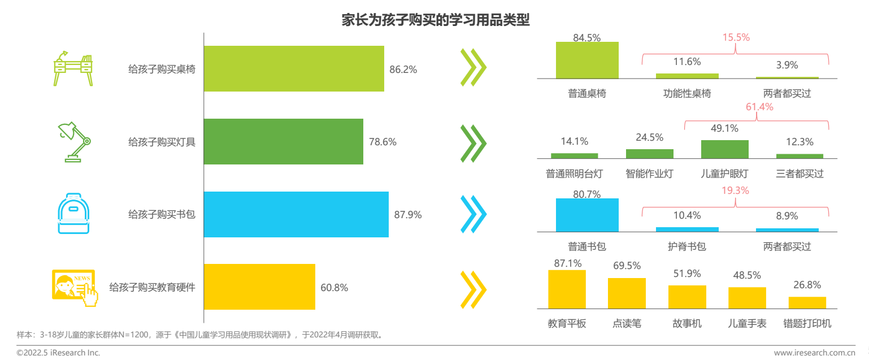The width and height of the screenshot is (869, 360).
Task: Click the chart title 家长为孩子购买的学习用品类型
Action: click(x=435, y=20)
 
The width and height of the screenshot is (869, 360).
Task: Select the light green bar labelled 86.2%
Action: click(x=294, y=69)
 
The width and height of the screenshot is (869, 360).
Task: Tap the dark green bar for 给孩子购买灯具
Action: click(x=283, y=141)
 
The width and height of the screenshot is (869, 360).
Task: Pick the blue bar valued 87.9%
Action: click(x=296, y=214)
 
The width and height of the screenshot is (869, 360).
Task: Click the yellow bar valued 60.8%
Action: click(x=259, y=287)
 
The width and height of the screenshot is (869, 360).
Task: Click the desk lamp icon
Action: click(x=74, y=141)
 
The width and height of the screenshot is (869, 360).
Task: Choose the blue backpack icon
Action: click(x=74, y=214)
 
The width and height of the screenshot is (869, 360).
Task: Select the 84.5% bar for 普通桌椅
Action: click(x=587, y=60)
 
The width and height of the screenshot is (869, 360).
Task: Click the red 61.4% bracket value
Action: click(x=759, y=107)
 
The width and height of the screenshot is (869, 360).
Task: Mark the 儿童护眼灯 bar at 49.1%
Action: click(x=724, y=149)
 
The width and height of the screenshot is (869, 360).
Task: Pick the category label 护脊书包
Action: click(x=686, y=246)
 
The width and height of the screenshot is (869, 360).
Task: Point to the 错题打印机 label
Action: click(x=807, y=324)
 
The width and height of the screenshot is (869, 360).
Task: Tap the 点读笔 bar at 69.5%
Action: click(x=627, y=293)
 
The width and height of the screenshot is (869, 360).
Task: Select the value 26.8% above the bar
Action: click(x=806, y=285)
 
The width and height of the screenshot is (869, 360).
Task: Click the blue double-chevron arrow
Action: click(x=473, y=214)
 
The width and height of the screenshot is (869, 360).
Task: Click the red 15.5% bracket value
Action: click(x=736, y=37)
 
